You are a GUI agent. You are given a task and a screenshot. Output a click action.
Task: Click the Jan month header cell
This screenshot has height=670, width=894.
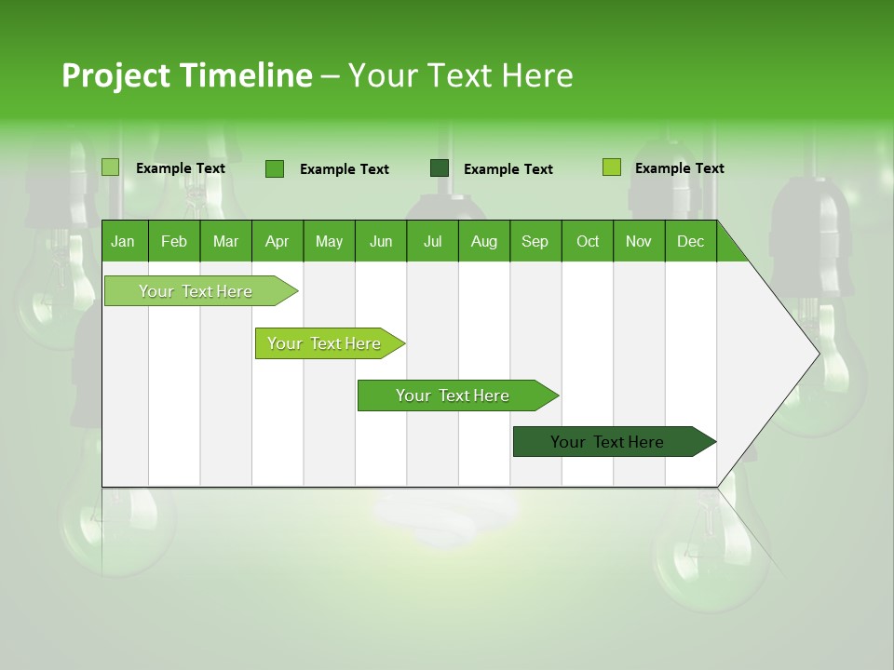[x=124, y=241]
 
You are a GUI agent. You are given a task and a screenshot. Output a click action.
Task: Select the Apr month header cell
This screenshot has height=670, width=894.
[x=277, y=241]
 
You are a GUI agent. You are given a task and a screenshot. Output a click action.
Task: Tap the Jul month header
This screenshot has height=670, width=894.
[x=432, y=241]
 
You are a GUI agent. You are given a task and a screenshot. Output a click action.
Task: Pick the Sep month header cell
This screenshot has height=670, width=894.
[x=535, y=241]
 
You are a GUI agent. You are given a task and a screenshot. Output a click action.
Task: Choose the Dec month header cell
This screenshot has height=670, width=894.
[x=690, y=241]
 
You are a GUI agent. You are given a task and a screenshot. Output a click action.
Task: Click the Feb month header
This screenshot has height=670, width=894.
[x=174, y=241]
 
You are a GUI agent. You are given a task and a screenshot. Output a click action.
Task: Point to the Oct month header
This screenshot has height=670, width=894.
[x=588, y=241]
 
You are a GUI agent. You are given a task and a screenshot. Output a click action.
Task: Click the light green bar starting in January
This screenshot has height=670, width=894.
[x=196, y=291]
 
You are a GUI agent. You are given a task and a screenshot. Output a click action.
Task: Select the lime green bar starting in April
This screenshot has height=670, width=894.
[x=324, y=343]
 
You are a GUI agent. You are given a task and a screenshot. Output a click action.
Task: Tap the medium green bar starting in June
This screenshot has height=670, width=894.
[x=453, y=395]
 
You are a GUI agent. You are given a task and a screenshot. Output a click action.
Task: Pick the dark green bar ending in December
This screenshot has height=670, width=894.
[x=607, y=442]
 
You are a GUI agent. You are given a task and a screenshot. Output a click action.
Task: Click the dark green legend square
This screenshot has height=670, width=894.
[x=440, y=168]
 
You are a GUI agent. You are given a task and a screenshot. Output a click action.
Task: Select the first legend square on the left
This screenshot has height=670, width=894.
[x=111, y=167]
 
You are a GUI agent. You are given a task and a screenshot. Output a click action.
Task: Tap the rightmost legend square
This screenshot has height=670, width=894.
[x=612, y=167]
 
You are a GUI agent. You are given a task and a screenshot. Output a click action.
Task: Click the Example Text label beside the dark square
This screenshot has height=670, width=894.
[x=508, y=169]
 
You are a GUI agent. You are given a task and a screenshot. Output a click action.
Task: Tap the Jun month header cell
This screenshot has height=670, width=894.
[x=381, y=241]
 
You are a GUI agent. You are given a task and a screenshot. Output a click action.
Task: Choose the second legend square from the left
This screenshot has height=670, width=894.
[x=275, y=168]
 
